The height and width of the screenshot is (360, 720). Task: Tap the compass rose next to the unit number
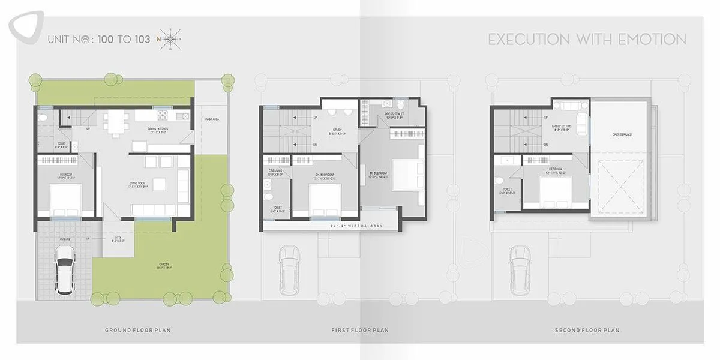(170, 40)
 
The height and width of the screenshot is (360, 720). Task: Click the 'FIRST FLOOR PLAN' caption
(360, 330)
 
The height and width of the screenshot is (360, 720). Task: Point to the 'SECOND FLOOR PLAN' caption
(587, 330)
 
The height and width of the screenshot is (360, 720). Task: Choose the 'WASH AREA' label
(211, 119)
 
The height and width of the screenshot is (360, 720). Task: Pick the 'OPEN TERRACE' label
(622, 134)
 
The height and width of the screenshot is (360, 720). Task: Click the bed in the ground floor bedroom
(65, 199)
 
